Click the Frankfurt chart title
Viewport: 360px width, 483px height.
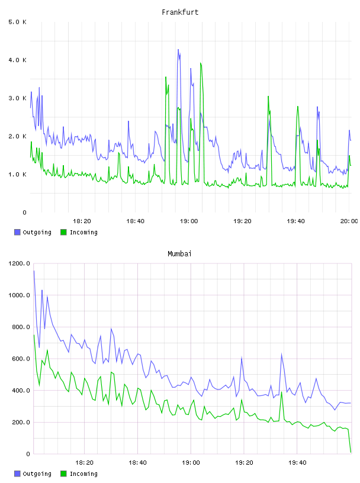180,12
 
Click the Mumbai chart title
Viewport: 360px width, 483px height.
179,253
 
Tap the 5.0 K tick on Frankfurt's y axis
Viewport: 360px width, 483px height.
17,22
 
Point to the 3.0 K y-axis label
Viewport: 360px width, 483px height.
17,98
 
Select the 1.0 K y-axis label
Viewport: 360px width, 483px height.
17,175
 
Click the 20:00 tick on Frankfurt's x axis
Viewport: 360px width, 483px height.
349,221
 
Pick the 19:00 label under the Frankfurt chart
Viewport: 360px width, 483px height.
189,221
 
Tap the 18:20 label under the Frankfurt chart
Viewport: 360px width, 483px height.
82,221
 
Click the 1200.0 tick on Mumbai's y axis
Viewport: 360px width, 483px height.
19,263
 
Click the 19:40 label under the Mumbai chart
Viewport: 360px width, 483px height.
297,462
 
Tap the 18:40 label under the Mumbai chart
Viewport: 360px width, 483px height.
137,462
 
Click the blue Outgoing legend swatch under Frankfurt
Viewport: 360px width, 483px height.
17,232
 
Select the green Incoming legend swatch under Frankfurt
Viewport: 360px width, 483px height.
63,232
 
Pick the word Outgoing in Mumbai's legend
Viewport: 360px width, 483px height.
37,474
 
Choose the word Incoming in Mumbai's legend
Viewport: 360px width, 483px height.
83,474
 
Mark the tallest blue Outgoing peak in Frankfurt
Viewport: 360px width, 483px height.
178,50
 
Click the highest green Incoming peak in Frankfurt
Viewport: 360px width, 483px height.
201,63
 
